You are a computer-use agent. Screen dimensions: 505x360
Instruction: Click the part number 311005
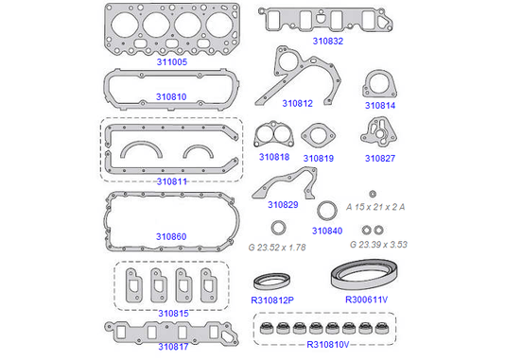click(172, 61)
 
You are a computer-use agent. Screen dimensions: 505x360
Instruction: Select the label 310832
click(328, 41)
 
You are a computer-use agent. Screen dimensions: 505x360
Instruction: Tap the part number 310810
click(171, 96)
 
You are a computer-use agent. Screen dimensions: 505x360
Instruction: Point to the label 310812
click(297, 103)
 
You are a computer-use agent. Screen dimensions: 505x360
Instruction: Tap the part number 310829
click(283, 205)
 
